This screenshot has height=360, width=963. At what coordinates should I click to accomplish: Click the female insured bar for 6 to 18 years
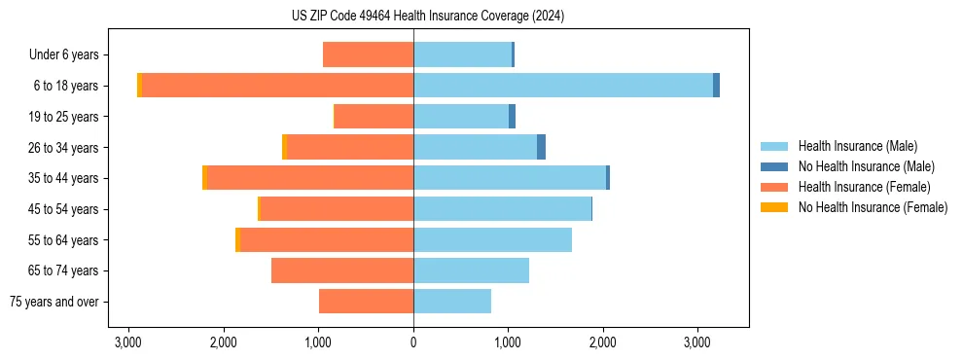pyautogui.click(x=277, y=86)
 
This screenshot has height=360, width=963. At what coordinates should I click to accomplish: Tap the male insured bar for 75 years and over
pyautogui.click(x=452, y=302)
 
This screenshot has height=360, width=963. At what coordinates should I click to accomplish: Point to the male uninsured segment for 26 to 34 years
pyautogui.click(x=541, y=147)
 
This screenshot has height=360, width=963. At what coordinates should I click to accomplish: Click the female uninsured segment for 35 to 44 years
pyautogui.click(x=204, y=178)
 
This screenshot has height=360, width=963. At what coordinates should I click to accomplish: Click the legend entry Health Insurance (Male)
pyautogui.click(x=857, y=146)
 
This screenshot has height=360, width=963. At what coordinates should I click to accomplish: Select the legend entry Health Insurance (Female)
pyautogui.click(x=864, y=187)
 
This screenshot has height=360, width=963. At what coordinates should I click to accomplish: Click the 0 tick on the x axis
pyautogui.click(x=413, y=342)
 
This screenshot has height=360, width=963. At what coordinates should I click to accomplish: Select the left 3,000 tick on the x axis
pyautogui.click(x=129, y=342)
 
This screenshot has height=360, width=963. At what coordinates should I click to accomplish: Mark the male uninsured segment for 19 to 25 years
pyautogui.click(x=512, y=117)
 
